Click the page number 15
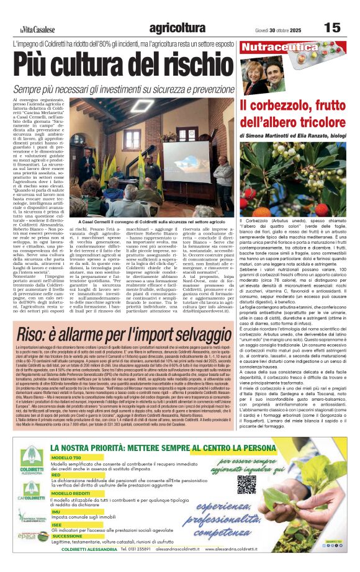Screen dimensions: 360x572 point(332,27)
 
